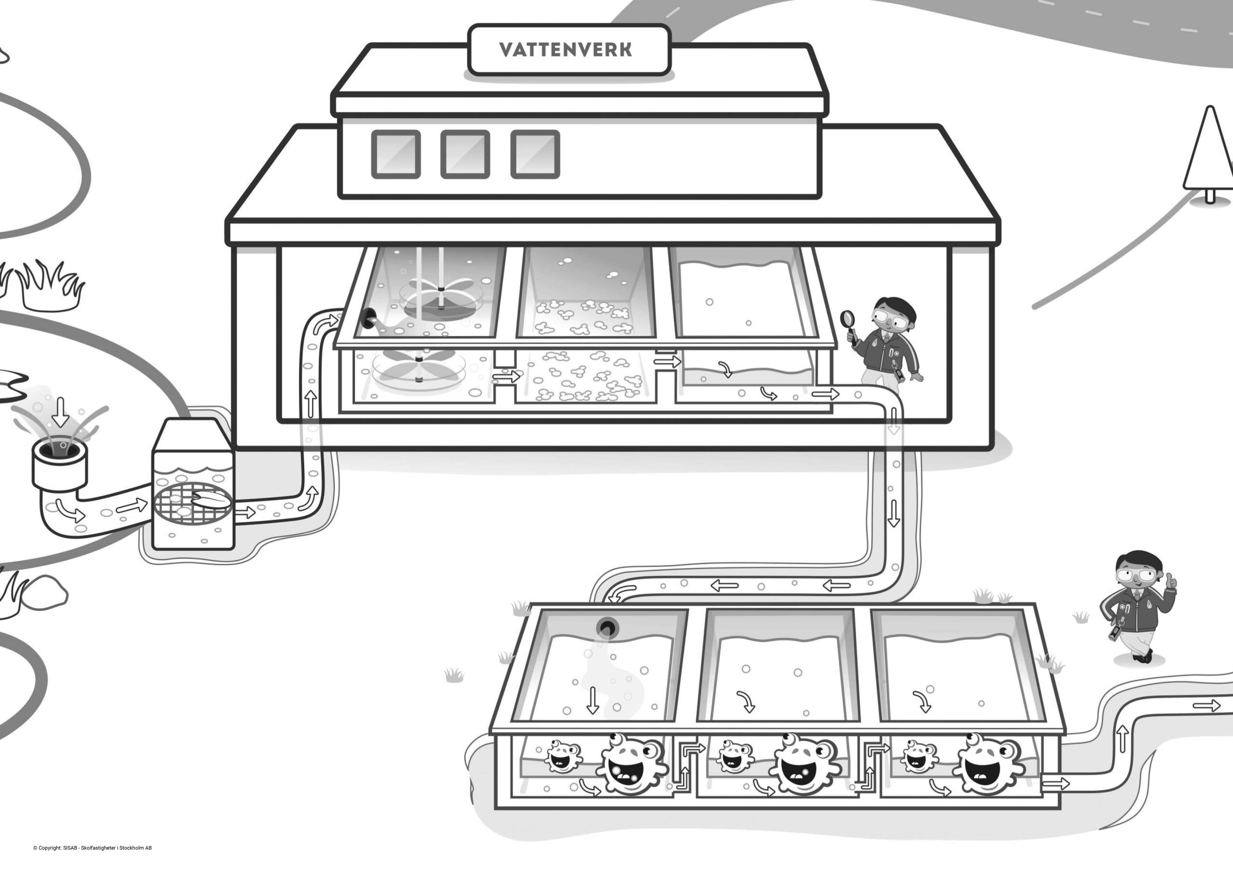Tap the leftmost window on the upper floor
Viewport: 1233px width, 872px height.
(396, 154)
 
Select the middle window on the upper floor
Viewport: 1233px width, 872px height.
(465, 154)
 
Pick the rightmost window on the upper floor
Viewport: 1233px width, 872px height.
(535, 154)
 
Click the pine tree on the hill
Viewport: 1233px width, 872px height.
(1208, 153)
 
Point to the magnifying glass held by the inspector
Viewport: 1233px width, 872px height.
(849, 318)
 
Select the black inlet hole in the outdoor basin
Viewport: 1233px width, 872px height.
(608, 628)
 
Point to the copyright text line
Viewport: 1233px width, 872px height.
(92, 848)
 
